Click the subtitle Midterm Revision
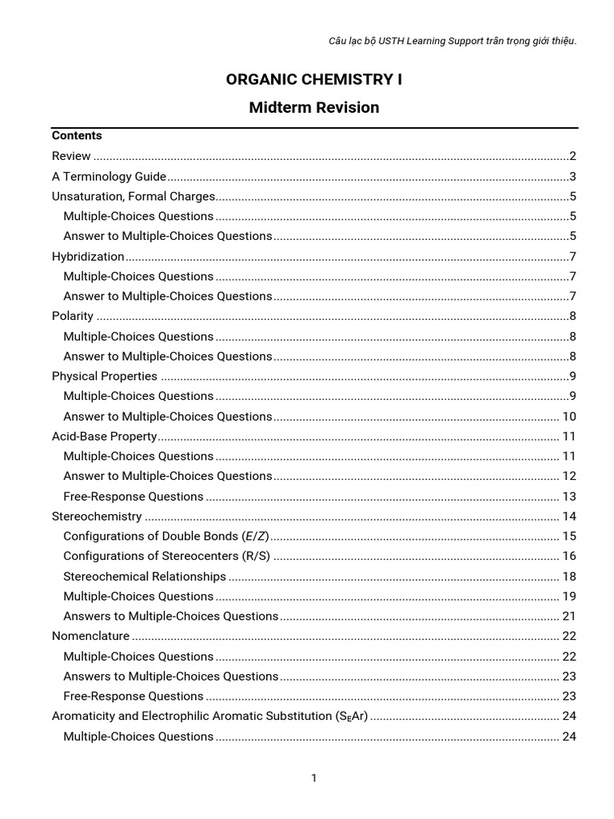(x=314, y=107)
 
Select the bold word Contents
(x=77, y=136)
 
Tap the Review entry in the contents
(x=71, y=156)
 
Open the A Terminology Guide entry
(x=109, y=177)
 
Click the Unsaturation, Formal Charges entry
(x=134, y=196)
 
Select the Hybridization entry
(x=88, y=257)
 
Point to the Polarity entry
(x=73, y=316)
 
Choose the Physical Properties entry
(x=105, y=376)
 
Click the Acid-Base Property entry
(x=104, y=436)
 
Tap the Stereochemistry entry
(x=97, y=516)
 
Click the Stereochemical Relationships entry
(x=145, y=576)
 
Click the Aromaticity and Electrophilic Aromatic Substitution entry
(x=209, y=716)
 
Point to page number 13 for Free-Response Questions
(x=569, y=496)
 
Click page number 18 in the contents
(x=569, y=576)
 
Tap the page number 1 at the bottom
(x=314, y=778)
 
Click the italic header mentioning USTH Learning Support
(x=441, y=41)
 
